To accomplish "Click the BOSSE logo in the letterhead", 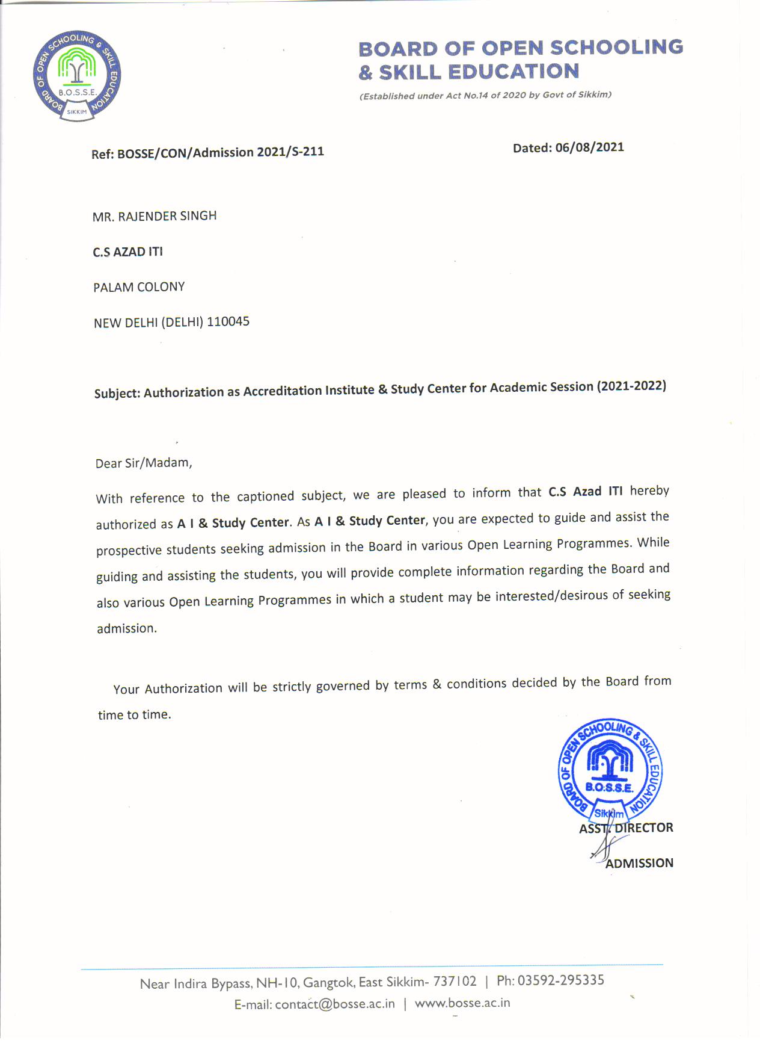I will (77, 76).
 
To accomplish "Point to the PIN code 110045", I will (228, 321).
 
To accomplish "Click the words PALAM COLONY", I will (139, 287).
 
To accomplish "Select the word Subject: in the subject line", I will (117, 394).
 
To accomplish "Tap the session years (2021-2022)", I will (631, 386).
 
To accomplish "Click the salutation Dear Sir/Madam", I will (144, 463).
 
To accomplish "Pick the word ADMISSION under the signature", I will (639, 863).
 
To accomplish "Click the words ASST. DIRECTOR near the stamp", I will (626, 828).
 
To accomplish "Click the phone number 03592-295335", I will (560, 980).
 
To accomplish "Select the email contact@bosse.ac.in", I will (335, 1004).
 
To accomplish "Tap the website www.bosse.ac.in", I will (462, 1003).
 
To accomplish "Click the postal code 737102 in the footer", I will (455, 982).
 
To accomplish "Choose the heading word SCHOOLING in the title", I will (616, 47).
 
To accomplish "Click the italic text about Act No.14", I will (485, 95).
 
